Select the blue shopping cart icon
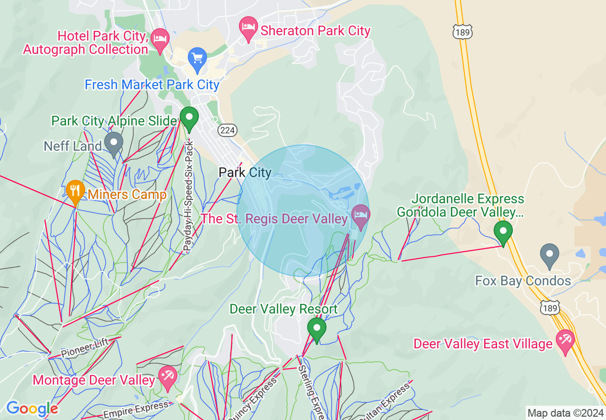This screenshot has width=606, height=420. [x=197, y=58]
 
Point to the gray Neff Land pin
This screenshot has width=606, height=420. [x=114, y=143]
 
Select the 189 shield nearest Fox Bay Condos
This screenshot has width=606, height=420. [x=550, y=308]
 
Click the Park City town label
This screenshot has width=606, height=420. [x=245, y=172]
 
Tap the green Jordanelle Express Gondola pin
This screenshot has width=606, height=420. [x=503, y=232]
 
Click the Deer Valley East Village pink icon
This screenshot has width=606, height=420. [x=565, y=341]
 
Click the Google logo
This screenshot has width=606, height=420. [x=32, y=409]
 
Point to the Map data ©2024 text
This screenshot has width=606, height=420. [x=565, y=413]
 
